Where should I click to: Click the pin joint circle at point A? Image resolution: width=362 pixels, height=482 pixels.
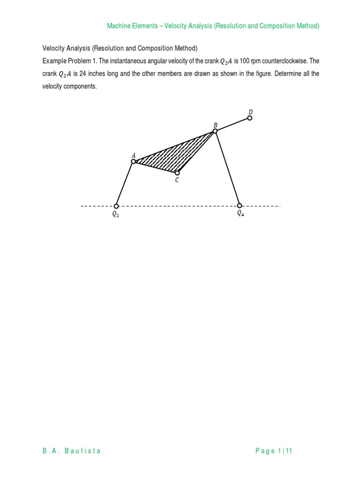click(133, 161)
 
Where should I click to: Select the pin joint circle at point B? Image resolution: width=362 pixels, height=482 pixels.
click(215, 131)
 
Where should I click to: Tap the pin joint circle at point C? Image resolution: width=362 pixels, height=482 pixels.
click(177, 173)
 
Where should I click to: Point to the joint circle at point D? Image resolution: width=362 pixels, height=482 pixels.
click(250, 118)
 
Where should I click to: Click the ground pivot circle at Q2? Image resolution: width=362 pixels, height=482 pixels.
click(116, 206)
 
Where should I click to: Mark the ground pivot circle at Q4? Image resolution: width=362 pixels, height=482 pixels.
click(239, 206)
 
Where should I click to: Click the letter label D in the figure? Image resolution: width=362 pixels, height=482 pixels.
click(250, 112)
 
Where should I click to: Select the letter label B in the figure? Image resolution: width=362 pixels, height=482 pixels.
click(215, 125)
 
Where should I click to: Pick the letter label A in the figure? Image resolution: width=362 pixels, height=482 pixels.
click(133, 155)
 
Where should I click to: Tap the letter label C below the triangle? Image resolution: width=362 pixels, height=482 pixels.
click(177, 180)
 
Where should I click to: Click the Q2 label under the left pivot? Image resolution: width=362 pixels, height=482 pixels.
click(115, 214)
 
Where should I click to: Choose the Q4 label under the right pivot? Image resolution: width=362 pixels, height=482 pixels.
click(240, 213)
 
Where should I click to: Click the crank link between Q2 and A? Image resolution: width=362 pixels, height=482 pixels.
click(125, 184)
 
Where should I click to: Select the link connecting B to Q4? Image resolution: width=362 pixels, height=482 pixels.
click(227, 169)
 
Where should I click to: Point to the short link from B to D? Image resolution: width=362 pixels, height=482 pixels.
click(232, 124)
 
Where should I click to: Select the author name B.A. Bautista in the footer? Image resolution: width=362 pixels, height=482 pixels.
click(72, 451)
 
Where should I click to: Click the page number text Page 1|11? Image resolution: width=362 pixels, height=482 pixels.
click(274, 451)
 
